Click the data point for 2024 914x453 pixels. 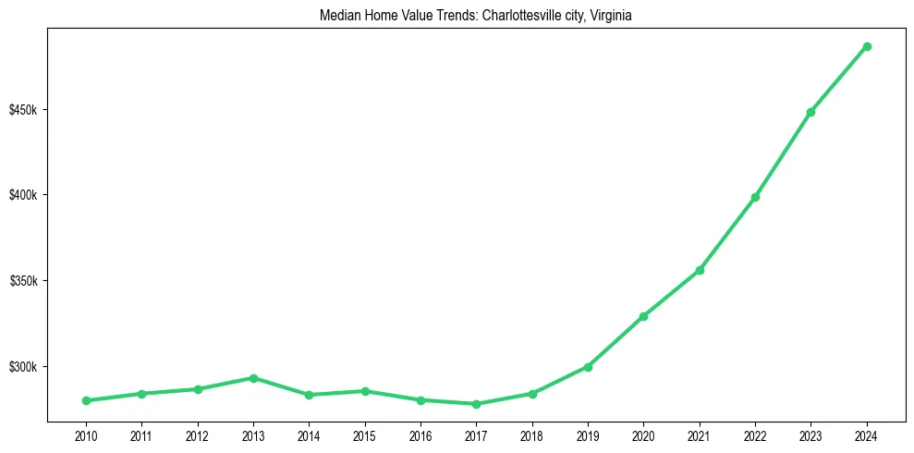point(867,46)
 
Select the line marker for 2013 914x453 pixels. point(253,378)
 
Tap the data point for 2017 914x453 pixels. point(476,404)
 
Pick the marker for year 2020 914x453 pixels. point(643,316)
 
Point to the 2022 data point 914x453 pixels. point(755,197)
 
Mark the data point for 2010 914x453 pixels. point(86,400)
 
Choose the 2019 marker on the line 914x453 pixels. point(588,367)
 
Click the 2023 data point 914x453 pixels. point(810,112)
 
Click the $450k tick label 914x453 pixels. point(23,110)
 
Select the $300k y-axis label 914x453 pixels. point(23,367)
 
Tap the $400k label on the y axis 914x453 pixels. point(23,195)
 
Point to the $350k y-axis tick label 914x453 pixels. point(23,281)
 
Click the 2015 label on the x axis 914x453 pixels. point(365,435)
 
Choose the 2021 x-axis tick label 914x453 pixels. point(700,435)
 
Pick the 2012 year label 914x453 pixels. point(198,435)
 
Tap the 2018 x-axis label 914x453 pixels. point(532,435)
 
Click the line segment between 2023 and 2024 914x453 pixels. point(839,79)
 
